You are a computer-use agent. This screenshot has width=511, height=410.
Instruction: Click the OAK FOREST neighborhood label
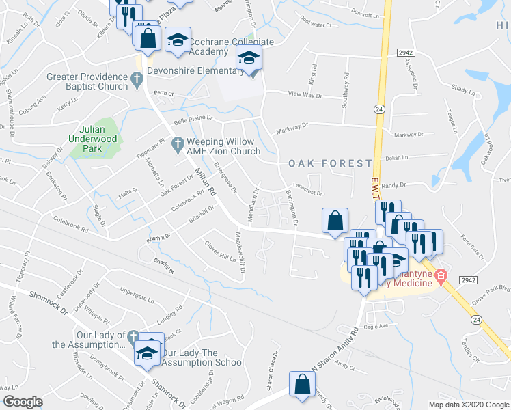(x=330, y=163)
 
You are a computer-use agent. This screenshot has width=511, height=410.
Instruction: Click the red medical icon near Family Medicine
(x=441, y=276)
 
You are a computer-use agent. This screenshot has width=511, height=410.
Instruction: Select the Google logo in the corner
(x=23, y=401)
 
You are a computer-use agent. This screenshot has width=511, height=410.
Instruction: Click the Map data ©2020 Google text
(x=469, y=405)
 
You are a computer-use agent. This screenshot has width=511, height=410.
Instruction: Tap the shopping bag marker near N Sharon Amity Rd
(x=302, y=384)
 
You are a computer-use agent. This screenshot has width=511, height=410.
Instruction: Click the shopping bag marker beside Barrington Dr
(x=335, y=221)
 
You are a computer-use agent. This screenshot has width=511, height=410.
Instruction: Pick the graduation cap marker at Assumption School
(x=146, y=353)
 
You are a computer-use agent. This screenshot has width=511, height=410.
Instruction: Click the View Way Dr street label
(x=305, y=96)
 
